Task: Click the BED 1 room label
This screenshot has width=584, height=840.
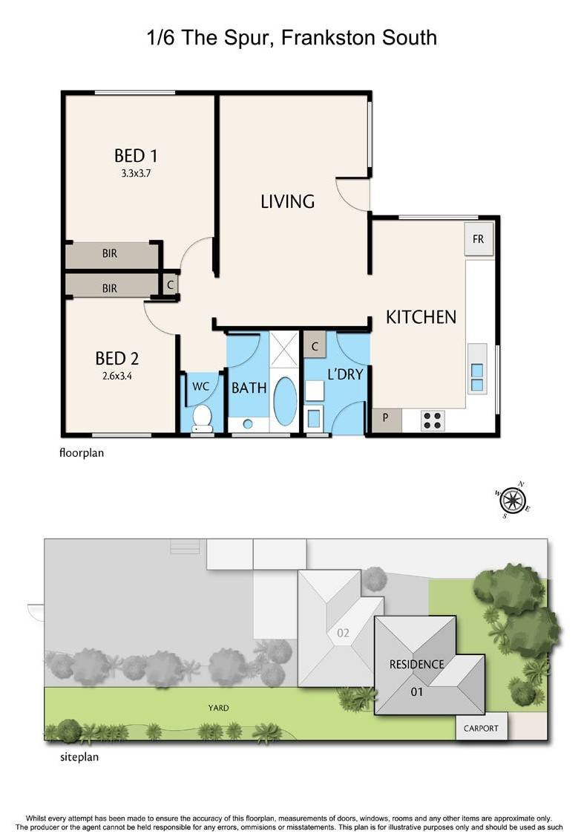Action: (136, 156)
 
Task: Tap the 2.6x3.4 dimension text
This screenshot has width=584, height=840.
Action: (117, 376)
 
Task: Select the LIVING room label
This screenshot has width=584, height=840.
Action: (287, 201)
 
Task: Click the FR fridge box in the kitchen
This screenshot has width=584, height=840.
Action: (479, 239)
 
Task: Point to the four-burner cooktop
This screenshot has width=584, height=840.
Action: (433, 420)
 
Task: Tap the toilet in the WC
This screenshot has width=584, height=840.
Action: (202, 418)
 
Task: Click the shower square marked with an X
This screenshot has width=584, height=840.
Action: (283, 349)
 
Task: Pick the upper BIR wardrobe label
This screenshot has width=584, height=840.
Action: (110, 253)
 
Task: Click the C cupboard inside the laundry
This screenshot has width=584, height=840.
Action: (315, 346)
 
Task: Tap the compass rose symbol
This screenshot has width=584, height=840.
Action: (513, 501)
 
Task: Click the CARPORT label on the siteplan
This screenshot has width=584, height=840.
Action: (481, 729)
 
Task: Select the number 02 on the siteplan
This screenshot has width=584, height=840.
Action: (343, 634)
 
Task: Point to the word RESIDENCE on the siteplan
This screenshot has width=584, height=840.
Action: (416, 664)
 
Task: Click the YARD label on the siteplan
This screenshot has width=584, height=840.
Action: (218, 709)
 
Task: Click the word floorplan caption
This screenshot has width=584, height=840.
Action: (82, 452)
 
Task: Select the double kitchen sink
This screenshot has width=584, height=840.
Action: (477, 378)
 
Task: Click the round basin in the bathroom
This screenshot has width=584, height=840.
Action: (247, 424)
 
